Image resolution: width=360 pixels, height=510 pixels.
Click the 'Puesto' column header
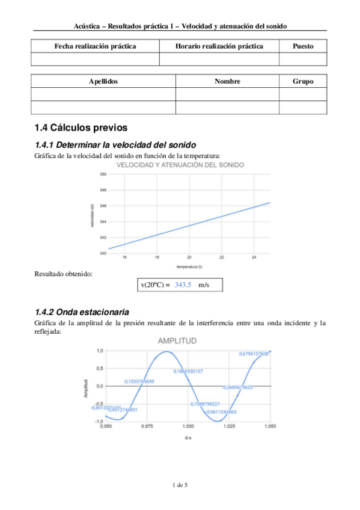pyautogui.click(x=302, y=46)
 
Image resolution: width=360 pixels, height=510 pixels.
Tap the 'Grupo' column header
pyautogui.click(x=302, y=81)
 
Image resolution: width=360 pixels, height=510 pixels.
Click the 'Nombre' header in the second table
pyautogui.click(x=227, y=81)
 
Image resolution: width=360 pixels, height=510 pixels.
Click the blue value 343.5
pyautogui.click(x=183, y=284)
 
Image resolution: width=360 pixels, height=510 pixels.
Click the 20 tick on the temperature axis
pyautogui.click(x=189, y=257)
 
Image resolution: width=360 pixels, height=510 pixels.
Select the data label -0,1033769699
pyautogui.click(x=139, y=381)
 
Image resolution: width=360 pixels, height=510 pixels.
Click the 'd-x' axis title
pyautogui.click(x=188, y=438)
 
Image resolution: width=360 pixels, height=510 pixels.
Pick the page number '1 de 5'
pyautogui.click(x=180, y=485)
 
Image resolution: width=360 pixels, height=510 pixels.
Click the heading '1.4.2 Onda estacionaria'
pyautogui.click(x=82, y=312)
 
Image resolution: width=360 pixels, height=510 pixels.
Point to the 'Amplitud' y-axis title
pyautogui.click(x=87, y=388)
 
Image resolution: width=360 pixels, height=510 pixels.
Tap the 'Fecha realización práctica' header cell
pyautogui.click(x=95, y=46)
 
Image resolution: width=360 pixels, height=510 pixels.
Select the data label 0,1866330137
pyautogui.click(x=188, y=371)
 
